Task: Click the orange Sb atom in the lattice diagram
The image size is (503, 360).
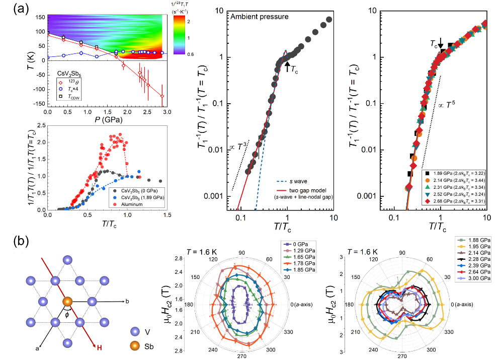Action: (66, 302)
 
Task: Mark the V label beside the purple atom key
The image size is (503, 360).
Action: (147, 332)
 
